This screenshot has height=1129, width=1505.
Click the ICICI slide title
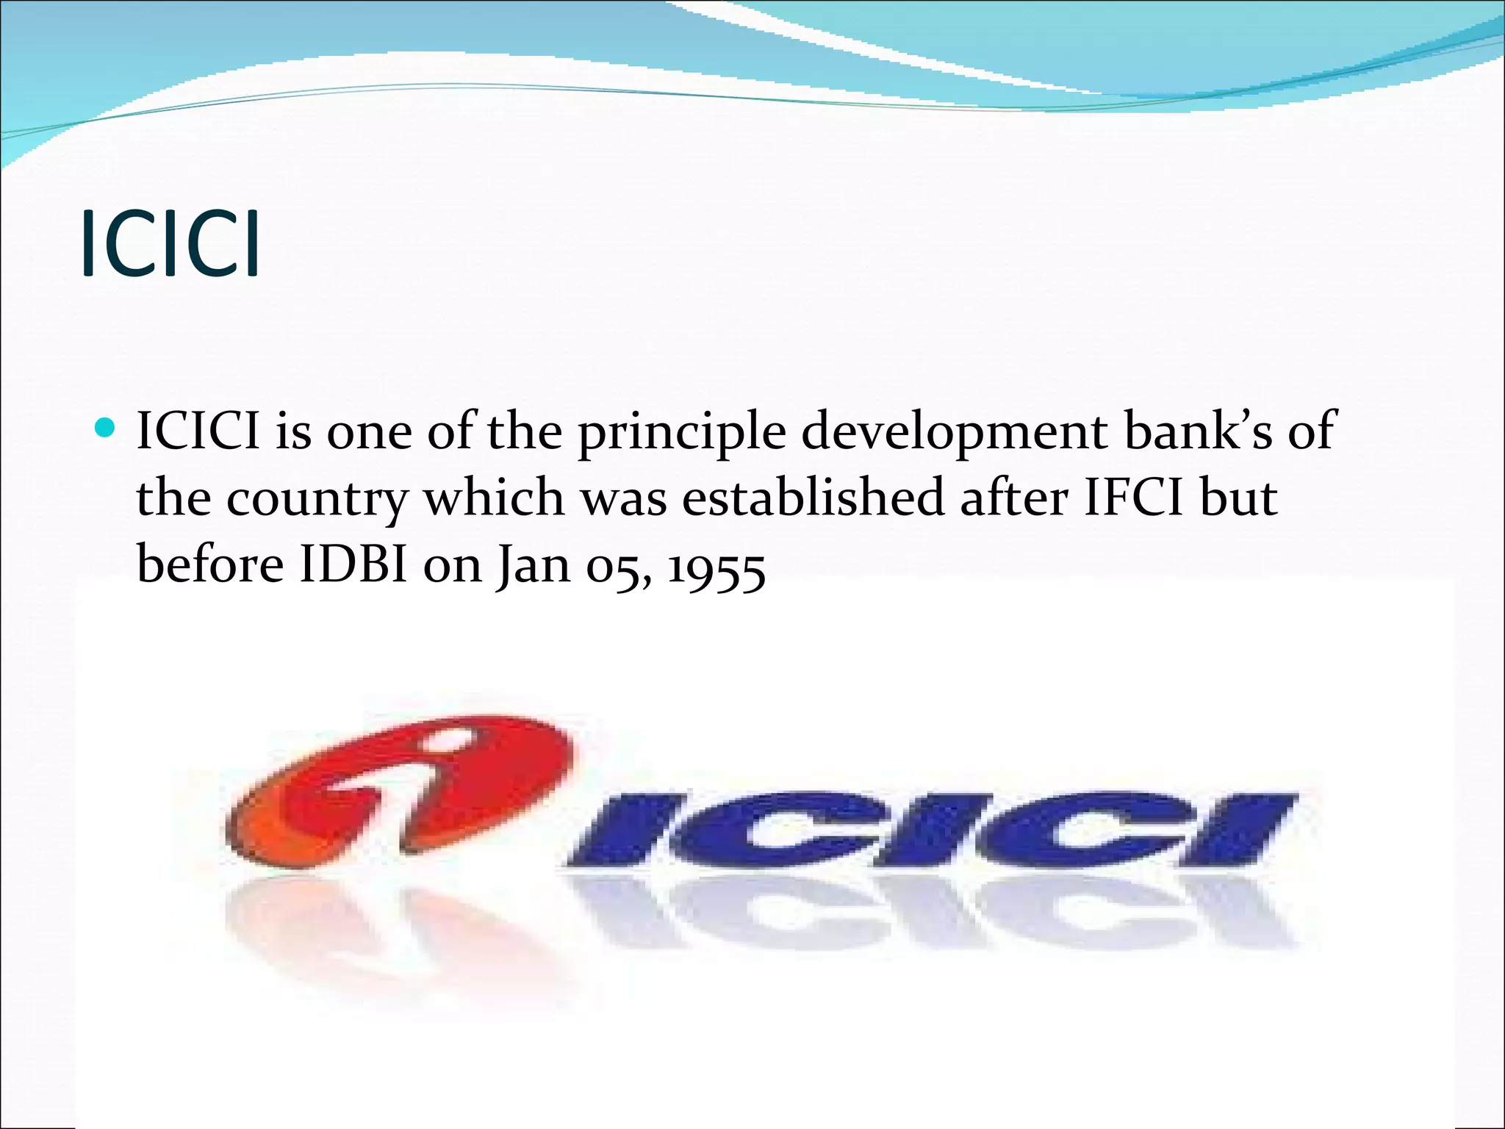coord(170,244)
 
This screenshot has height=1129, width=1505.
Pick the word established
coord(813,498)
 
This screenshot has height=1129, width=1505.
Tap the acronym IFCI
coord(1135,498)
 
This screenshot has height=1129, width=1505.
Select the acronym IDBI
coord(353,564)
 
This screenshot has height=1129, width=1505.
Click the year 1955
coord(716,567)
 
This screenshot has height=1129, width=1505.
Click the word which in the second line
coord(494,498)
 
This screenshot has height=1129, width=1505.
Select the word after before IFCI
coord(1014,498)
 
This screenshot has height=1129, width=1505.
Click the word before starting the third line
coord(210,564)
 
